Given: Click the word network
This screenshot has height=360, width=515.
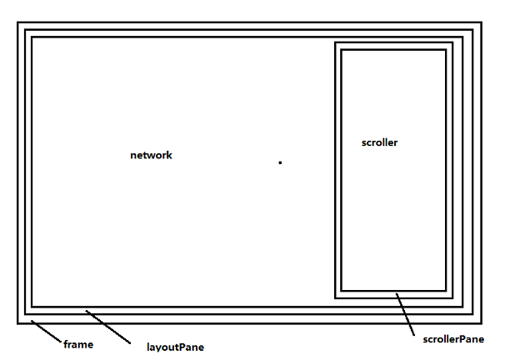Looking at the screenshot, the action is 151,155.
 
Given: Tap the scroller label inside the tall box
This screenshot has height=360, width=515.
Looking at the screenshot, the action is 379,142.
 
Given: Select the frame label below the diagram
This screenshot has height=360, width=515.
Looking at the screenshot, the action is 78,344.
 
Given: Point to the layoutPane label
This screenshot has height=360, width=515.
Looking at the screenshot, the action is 175,347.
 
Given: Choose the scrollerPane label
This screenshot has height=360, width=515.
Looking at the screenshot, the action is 453,339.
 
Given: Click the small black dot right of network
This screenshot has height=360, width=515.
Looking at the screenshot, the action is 280,162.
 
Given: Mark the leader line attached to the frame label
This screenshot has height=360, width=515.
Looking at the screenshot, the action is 46,331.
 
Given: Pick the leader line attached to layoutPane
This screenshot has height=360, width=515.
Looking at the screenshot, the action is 108,327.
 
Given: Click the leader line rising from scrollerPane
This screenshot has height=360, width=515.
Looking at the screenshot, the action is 405,314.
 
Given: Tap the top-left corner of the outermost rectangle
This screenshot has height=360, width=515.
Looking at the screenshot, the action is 17,22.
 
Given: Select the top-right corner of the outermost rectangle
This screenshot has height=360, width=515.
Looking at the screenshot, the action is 482,22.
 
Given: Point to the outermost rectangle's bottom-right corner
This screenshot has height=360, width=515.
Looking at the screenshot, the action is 482,323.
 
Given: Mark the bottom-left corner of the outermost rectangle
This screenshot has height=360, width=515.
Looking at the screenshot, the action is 17,323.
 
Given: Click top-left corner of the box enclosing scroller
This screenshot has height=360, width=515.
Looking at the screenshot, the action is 342,50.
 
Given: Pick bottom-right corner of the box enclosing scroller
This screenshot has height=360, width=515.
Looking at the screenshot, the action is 446,290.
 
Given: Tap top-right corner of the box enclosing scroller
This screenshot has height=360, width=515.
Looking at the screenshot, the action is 446,50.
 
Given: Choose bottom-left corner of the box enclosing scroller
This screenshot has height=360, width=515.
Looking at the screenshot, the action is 342,290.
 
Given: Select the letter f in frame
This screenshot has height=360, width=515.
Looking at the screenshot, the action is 66,344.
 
